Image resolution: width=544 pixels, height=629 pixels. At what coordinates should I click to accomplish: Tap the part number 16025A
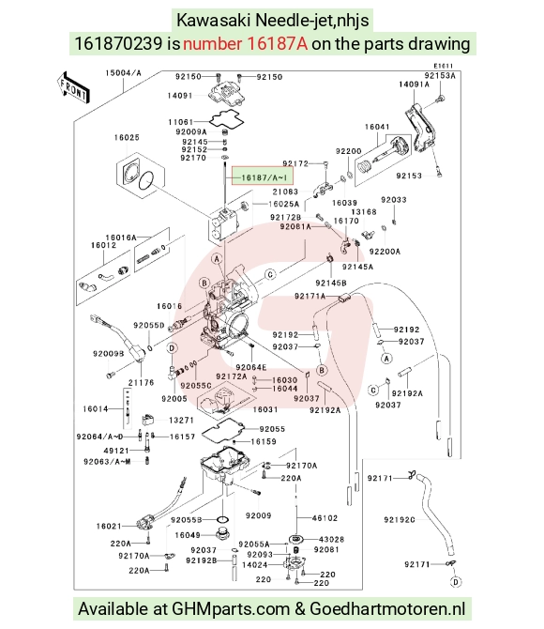[x=283, y=204]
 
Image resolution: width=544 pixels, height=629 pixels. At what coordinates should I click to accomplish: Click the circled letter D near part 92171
[x=456, y=582]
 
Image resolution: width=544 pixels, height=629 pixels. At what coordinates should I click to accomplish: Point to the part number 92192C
[x=400, y=519]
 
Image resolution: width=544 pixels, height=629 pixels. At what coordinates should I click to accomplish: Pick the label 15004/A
[x=123, y=73]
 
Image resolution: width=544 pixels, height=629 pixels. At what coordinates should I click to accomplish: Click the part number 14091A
[x=414, y=84]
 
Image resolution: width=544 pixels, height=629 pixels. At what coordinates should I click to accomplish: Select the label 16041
[x=377, y=127]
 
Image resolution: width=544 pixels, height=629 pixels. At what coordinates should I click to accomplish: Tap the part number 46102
[x=325, y=518]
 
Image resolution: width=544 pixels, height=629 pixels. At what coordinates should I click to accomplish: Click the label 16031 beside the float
[x=265, y=409]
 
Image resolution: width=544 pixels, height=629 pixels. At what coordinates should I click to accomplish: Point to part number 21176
[x=141, y=382]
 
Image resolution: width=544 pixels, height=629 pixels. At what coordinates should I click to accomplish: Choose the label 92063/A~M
[x=107, y=462]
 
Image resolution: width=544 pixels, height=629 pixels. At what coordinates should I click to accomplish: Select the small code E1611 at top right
[x=444, y=66]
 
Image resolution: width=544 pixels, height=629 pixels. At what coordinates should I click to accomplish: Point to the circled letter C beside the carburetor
[x=271, y=274]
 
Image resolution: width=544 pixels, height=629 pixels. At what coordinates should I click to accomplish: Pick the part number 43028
[x=331, y=539]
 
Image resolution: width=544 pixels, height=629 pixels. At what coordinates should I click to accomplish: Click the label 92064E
[x=251, y=367]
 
